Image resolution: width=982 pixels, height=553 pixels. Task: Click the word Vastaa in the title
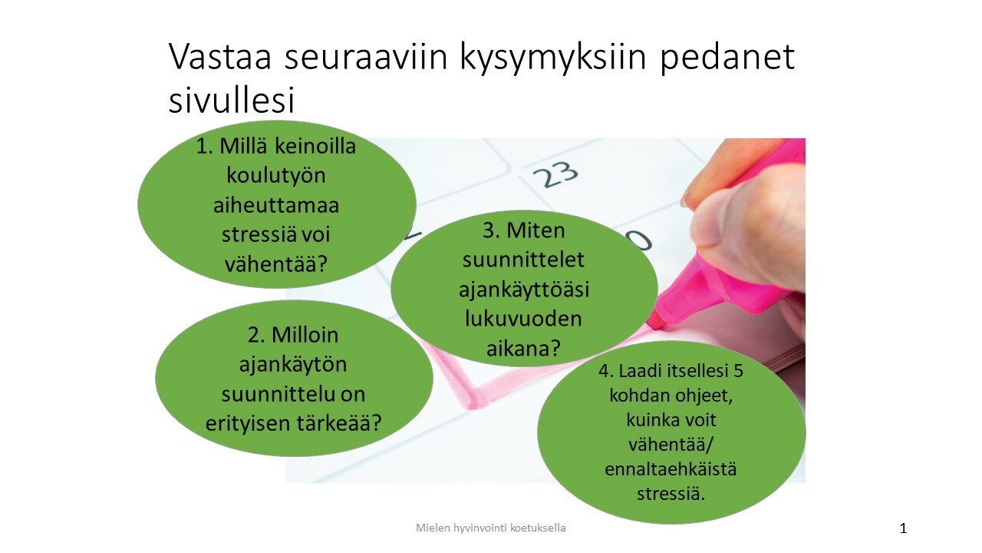(220, 57)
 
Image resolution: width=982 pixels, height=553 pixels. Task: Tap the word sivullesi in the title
(232, 100)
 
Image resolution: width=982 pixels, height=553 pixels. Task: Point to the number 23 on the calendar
(556, 174)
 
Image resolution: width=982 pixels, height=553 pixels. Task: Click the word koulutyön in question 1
(275, 175)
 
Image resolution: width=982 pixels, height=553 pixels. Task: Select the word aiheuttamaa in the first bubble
(276, 205)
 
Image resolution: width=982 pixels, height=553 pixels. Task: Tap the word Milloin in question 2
(305, 336)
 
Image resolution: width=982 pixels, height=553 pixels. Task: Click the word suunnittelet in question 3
(523, 260)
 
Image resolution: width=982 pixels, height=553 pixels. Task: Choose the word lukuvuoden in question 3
(523, 319)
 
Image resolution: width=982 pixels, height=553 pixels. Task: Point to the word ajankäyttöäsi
(524, 290)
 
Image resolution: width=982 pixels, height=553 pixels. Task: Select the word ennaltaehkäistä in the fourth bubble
(671, 469)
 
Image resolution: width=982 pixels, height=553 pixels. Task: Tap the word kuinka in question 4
(643, 420)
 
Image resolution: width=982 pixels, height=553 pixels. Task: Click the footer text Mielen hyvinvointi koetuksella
(490, 528)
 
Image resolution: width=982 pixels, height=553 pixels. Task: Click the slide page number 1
(903, 528)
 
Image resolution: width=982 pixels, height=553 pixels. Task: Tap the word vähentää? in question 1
(276, 264)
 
